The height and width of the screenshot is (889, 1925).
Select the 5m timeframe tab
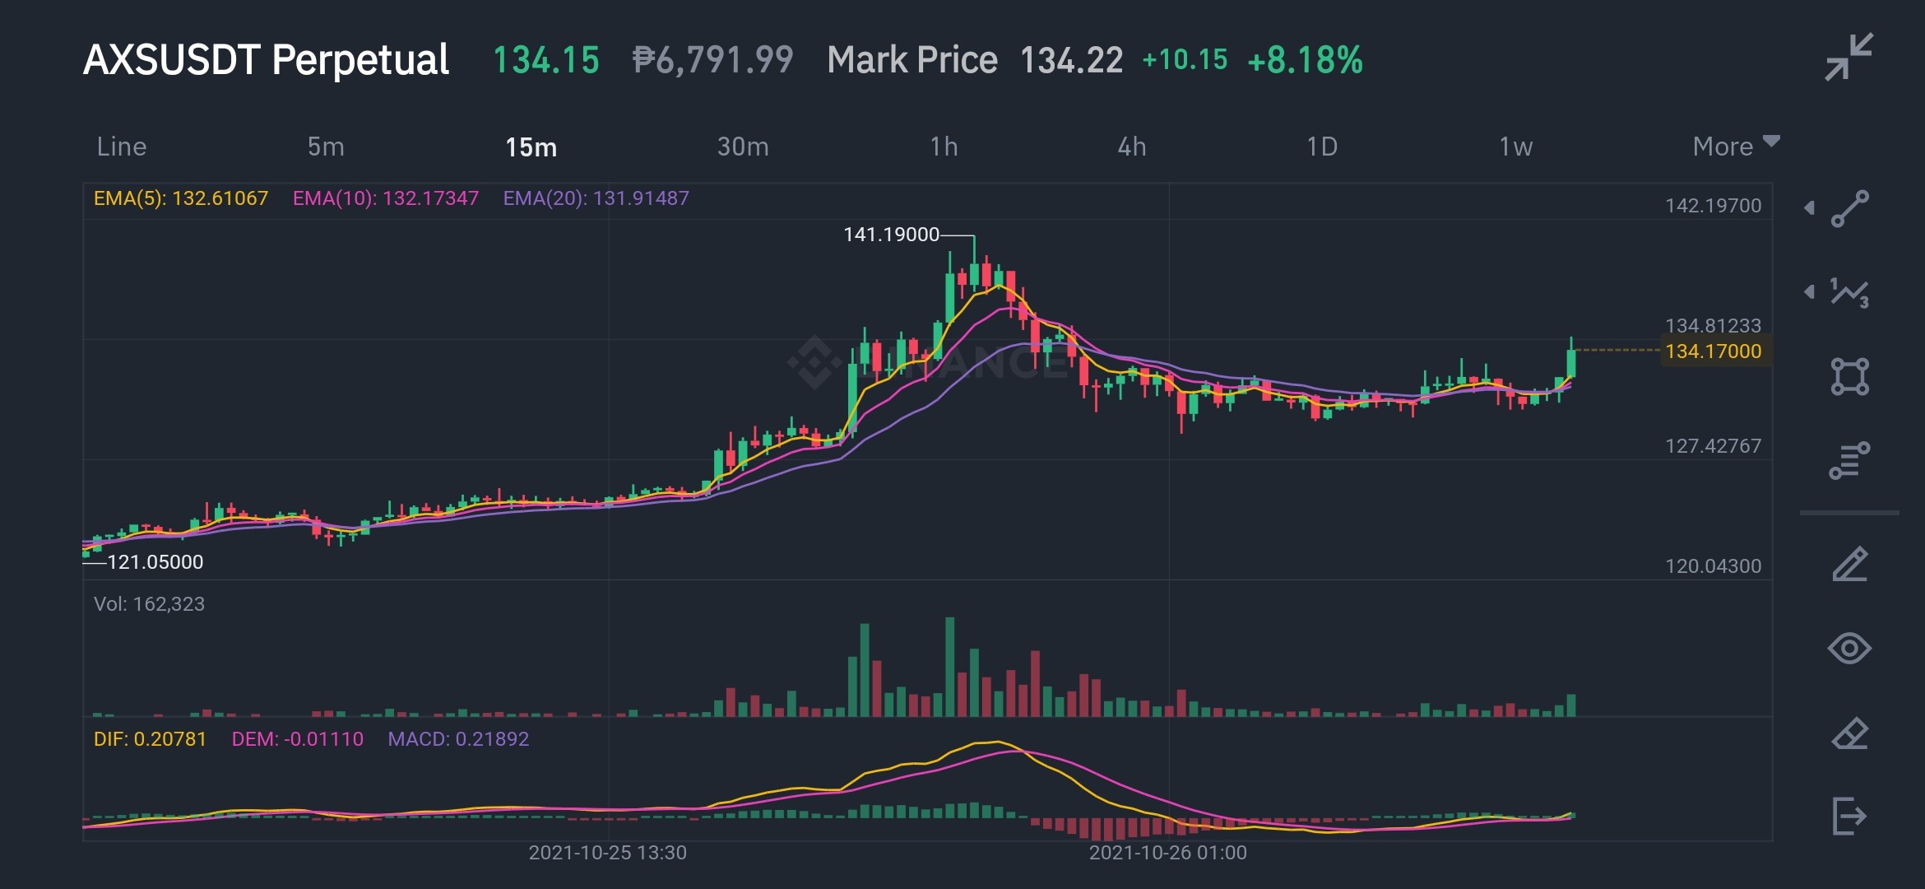326,147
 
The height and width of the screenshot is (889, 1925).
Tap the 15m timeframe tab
531,147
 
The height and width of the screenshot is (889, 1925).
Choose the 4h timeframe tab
1132,147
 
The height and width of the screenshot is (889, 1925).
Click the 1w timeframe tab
1516,147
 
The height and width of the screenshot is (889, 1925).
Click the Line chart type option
122,147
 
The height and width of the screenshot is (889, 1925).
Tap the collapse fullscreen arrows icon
1849,57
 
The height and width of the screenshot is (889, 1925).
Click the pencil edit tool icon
1850,565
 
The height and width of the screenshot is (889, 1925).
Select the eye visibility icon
1849,649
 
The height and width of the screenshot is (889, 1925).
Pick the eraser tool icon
1850,733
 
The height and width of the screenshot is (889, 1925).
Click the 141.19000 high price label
891,235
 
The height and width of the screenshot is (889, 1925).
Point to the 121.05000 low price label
155,562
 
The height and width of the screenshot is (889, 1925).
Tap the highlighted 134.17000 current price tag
1714,351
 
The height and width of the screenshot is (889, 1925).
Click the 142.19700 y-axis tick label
1714,206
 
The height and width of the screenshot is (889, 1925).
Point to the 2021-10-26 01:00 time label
1168,853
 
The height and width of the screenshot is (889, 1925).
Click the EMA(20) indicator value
596,198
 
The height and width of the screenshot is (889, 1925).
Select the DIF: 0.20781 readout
150,739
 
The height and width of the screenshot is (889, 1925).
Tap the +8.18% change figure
1306,60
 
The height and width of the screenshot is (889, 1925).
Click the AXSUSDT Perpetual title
267,60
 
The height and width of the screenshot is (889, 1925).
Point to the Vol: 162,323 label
149,604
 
